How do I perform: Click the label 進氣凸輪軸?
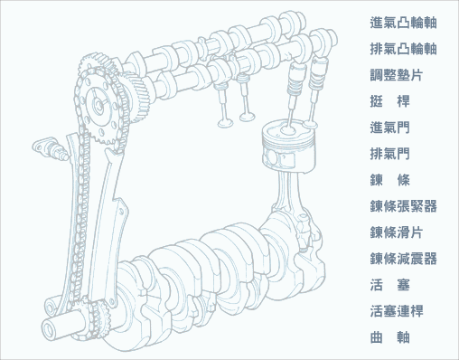click(403, 23)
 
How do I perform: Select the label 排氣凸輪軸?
click(403, 49)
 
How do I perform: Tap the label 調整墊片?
click(397, 75)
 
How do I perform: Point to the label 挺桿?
click(389, 101)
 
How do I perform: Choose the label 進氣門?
click(389, 128)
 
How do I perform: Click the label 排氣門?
click(389, 154)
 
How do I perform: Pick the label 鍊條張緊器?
click(403, 206)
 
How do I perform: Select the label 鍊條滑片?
click(397, 232)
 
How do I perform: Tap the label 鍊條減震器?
click(403, 259)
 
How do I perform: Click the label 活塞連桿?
click(397, 311)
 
